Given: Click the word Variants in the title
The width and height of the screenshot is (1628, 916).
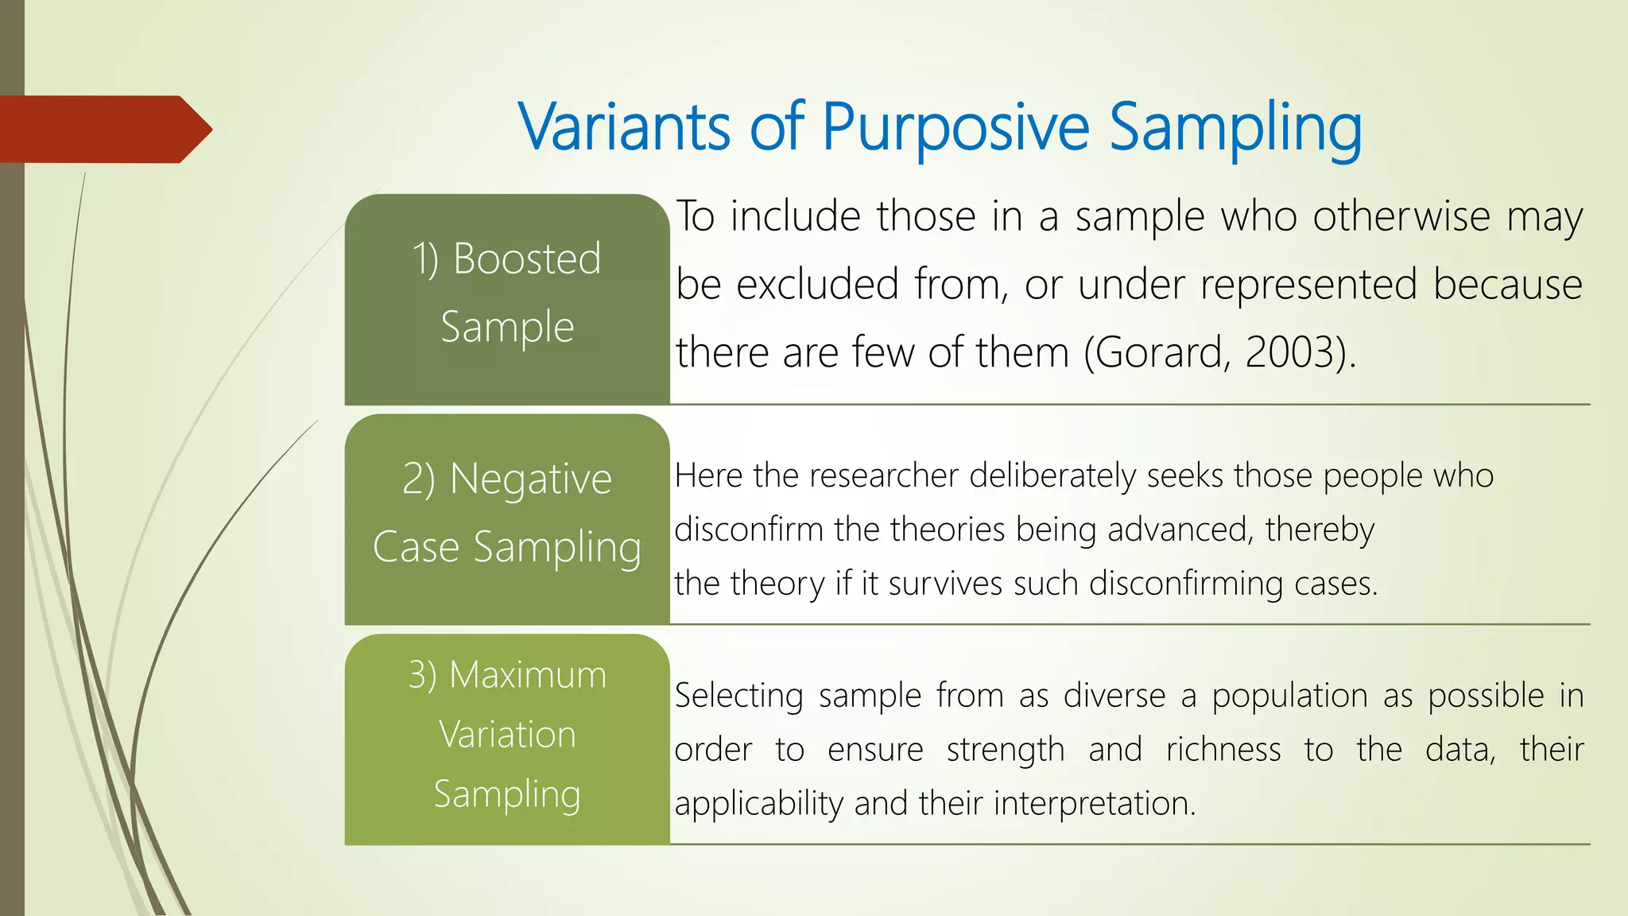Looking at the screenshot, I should point(624,127).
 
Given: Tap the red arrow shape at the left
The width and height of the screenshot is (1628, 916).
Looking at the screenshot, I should point(103,130).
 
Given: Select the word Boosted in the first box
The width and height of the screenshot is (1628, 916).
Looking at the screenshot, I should point(526,259).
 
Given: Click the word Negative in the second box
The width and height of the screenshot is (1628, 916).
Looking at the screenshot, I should point(530,479).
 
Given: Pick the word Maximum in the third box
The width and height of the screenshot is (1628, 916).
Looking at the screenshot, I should point(527,675).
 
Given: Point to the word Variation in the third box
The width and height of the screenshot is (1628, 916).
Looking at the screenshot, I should point(507,735).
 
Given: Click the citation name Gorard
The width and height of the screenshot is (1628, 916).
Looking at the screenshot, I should point(1158,352).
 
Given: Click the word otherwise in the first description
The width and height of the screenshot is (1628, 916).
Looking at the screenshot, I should point(1401,216).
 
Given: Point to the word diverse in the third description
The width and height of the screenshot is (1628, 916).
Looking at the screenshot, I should point(1114,696).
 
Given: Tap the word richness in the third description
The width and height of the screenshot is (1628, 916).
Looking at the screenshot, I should point(1223,750).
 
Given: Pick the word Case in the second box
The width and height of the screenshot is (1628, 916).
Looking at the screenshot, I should point(416,548).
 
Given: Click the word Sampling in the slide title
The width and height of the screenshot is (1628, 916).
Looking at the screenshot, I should point(1235,127).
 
